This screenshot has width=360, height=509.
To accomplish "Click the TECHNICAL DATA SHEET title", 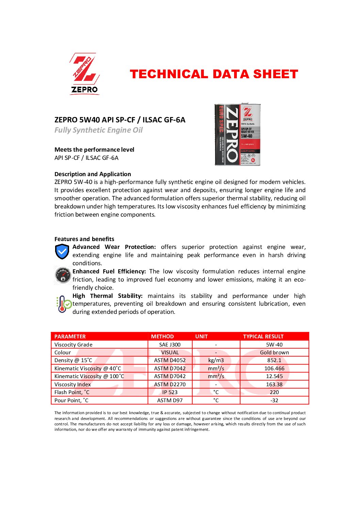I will [x=214, y=74].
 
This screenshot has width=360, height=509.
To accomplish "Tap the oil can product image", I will [x=238, y=135].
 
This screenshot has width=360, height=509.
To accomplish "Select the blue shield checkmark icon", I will [x=62, y=252].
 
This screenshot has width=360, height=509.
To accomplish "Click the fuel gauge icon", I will [x=63, y=275].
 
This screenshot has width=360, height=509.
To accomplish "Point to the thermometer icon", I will [x=64, y=304].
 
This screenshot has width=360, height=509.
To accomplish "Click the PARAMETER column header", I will [x=70, y=336].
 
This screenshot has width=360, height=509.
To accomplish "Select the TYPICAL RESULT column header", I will [x=263, y=336].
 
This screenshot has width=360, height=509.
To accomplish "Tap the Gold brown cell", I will [x=274, y=352].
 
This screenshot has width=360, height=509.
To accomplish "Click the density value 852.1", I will [x=274, y=360].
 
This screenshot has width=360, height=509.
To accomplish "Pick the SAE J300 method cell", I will [x=170, y=344].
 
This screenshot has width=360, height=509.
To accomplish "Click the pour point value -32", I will [x=274, y=400].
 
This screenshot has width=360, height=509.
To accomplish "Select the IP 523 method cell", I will [x=170, y=392].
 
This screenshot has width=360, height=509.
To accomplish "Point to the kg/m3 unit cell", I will [x=216, y=360].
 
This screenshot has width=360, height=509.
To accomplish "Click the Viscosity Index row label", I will [x=72, y=384].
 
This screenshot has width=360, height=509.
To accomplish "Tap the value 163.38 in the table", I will [x=274, y=384].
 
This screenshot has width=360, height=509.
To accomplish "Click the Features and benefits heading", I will [x=84, y=239].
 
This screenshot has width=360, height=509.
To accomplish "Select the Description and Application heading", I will [x=93, y=174].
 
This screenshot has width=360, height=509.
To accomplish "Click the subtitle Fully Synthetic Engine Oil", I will [x=99, y=130].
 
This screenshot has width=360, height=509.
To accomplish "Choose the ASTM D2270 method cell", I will [x=170, y=384].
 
